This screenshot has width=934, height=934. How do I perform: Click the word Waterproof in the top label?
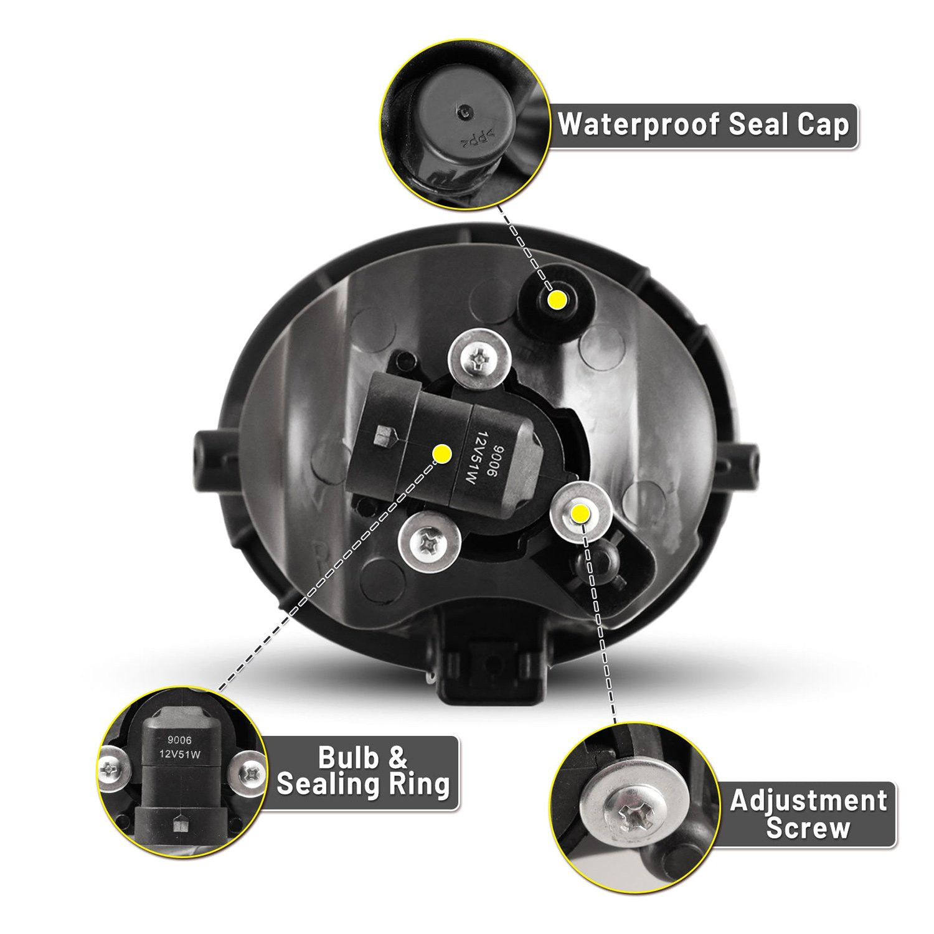(x=639, y=125)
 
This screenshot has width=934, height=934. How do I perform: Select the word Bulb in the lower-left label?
(x=347, y=758)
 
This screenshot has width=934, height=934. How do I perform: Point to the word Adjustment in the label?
(x=808, y=801)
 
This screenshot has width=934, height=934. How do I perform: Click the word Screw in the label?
(x=808, y=828)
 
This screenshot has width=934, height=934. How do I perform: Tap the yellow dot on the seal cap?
(x=557, y=301)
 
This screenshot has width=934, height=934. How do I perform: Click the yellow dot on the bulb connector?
(x=442, y=453)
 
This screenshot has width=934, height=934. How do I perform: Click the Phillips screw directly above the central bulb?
(x=480, y=360)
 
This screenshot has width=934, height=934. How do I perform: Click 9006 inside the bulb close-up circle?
(x=179, y=740)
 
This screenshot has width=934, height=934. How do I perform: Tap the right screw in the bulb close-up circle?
(x=249, y=773)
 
